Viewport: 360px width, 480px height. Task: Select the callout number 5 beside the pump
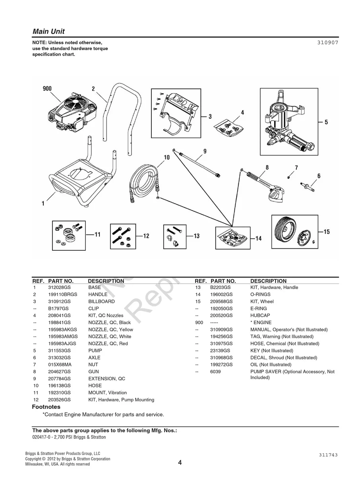click(x=326, y=122)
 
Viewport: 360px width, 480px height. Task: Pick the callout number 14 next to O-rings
click(x=258, y=238)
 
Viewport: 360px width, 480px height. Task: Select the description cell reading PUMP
click(x=95, y=351)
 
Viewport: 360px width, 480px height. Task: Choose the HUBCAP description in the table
click(x=260, y=315)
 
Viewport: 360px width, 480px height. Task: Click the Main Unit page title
click(x=48, y=31)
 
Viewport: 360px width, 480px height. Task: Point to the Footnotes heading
click(x=46, y=407)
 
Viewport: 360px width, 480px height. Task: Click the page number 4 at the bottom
click(x=180, y=462)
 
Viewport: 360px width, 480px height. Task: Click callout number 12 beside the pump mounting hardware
click(x=146, y=236)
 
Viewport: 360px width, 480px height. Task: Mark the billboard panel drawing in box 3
click(x=179, y=109)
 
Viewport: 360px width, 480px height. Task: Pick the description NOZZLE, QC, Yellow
click(x=110, y=330)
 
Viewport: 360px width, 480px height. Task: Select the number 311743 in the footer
click(x=328, y=455)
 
